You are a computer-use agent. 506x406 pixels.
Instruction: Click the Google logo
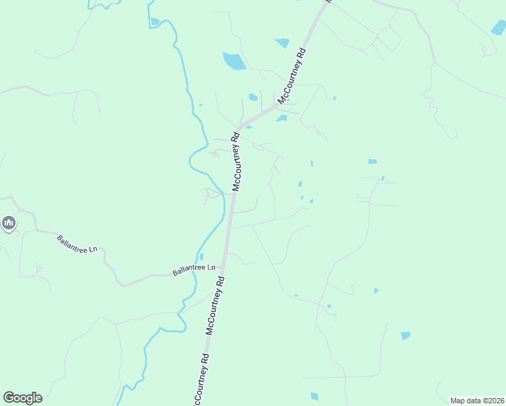click(x=22, y=398)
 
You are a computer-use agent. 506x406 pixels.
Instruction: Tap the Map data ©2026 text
click(x=477, y=401)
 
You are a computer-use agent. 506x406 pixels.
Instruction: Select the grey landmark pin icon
click(x=9, y=223)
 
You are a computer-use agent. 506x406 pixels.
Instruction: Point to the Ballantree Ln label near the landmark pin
click(x=77, y=244)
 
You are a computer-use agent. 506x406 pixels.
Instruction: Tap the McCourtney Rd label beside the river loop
click(x=236, y=163)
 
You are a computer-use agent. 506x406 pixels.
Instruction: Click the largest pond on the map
click(x=234, y=62)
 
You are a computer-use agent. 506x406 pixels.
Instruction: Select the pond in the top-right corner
click(x=499, y=28)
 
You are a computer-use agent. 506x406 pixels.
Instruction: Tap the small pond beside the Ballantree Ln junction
click(x=202, y=256)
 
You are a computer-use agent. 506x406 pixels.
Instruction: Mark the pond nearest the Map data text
click(x=405, y=336)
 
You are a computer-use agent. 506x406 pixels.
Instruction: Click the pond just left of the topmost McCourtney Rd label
click(x=282, y=43)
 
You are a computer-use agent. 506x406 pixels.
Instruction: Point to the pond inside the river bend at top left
click(x=155, y=22)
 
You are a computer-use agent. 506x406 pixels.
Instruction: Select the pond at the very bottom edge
click(x=314, y=397)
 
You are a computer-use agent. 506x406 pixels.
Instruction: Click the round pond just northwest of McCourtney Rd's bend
click(x=252, y=97)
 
